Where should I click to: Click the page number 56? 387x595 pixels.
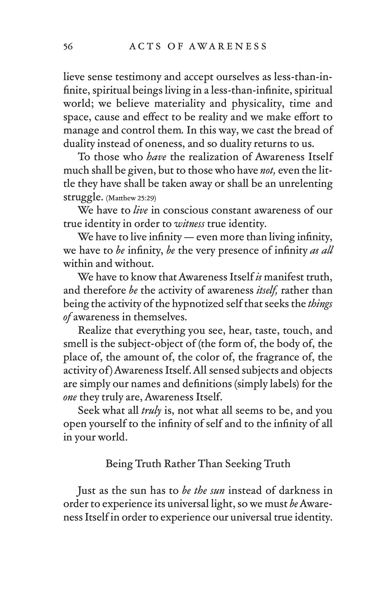coord(68,46)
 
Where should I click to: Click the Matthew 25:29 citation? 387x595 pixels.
coord(131,198)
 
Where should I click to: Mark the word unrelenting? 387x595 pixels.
coord(305,184)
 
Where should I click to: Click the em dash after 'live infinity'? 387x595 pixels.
coord(189,237)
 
